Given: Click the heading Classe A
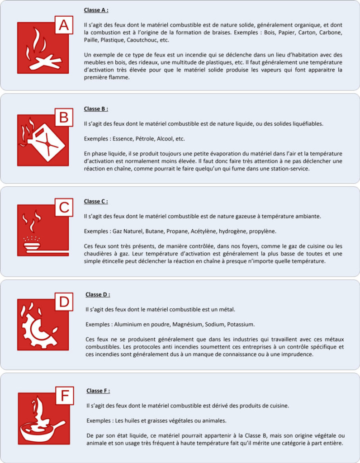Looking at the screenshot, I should pos(96,9).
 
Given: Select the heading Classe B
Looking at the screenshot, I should pos(96,109).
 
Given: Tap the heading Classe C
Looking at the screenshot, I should pos(96,201).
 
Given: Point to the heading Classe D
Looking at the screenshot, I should pos(98,294).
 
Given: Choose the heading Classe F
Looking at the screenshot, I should pos(98,391).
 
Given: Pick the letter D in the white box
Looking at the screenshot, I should pos(64,302).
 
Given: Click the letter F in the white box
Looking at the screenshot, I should pos(65,396).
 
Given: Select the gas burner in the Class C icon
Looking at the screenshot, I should pos(32,246).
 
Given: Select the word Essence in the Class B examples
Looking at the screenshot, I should pos(116,138).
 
